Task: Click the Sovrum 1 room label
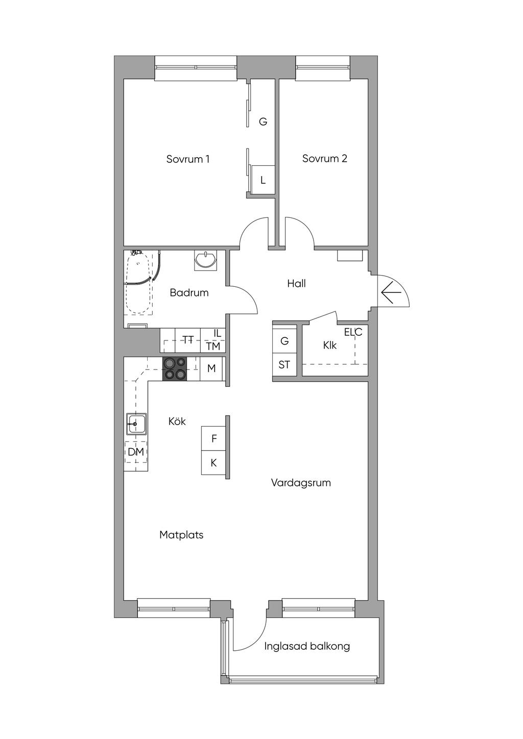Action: point(187,159)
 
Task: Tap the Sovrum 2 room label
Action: point(324,158)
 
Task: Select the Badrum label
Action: point(189,292)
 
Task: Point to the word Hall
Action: point(296,283)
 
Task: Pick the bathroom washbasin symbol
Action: point(206,260)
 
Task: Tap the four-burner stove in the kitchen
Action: point(175,369)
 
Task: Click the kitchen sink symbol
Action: point(137,424)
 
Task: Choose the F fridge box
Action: point(214,438)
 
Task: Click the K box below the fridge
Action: point(214,463)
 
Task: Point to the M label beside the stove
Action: point(211,368)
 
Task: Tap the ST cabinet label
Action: point(284,365)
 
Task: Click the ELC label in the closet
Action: point(353,332)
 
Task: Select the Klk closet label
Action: point(329,345)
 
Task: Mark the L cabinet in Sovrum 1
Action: point(263,180)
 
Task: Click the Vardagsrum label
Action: point(301,483)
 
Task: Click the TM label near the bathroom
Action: point(213,346)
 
